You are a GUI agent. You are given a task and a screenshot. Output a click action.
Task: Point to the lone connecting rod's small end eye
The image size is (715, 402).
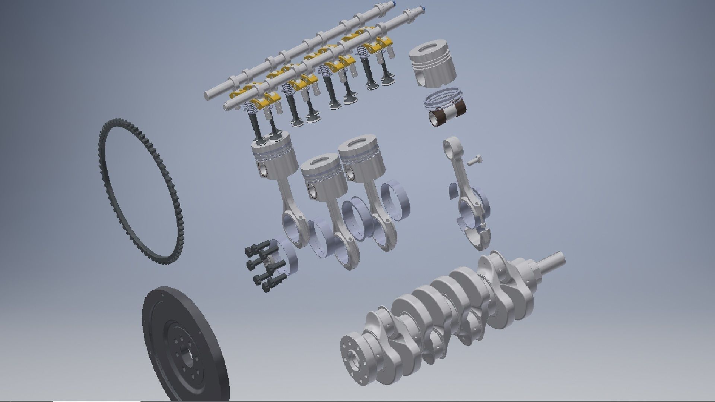point(449,144)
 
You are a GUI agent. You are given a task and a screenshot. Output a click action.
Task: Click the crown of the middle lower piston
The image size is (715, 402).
point(320,164)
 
